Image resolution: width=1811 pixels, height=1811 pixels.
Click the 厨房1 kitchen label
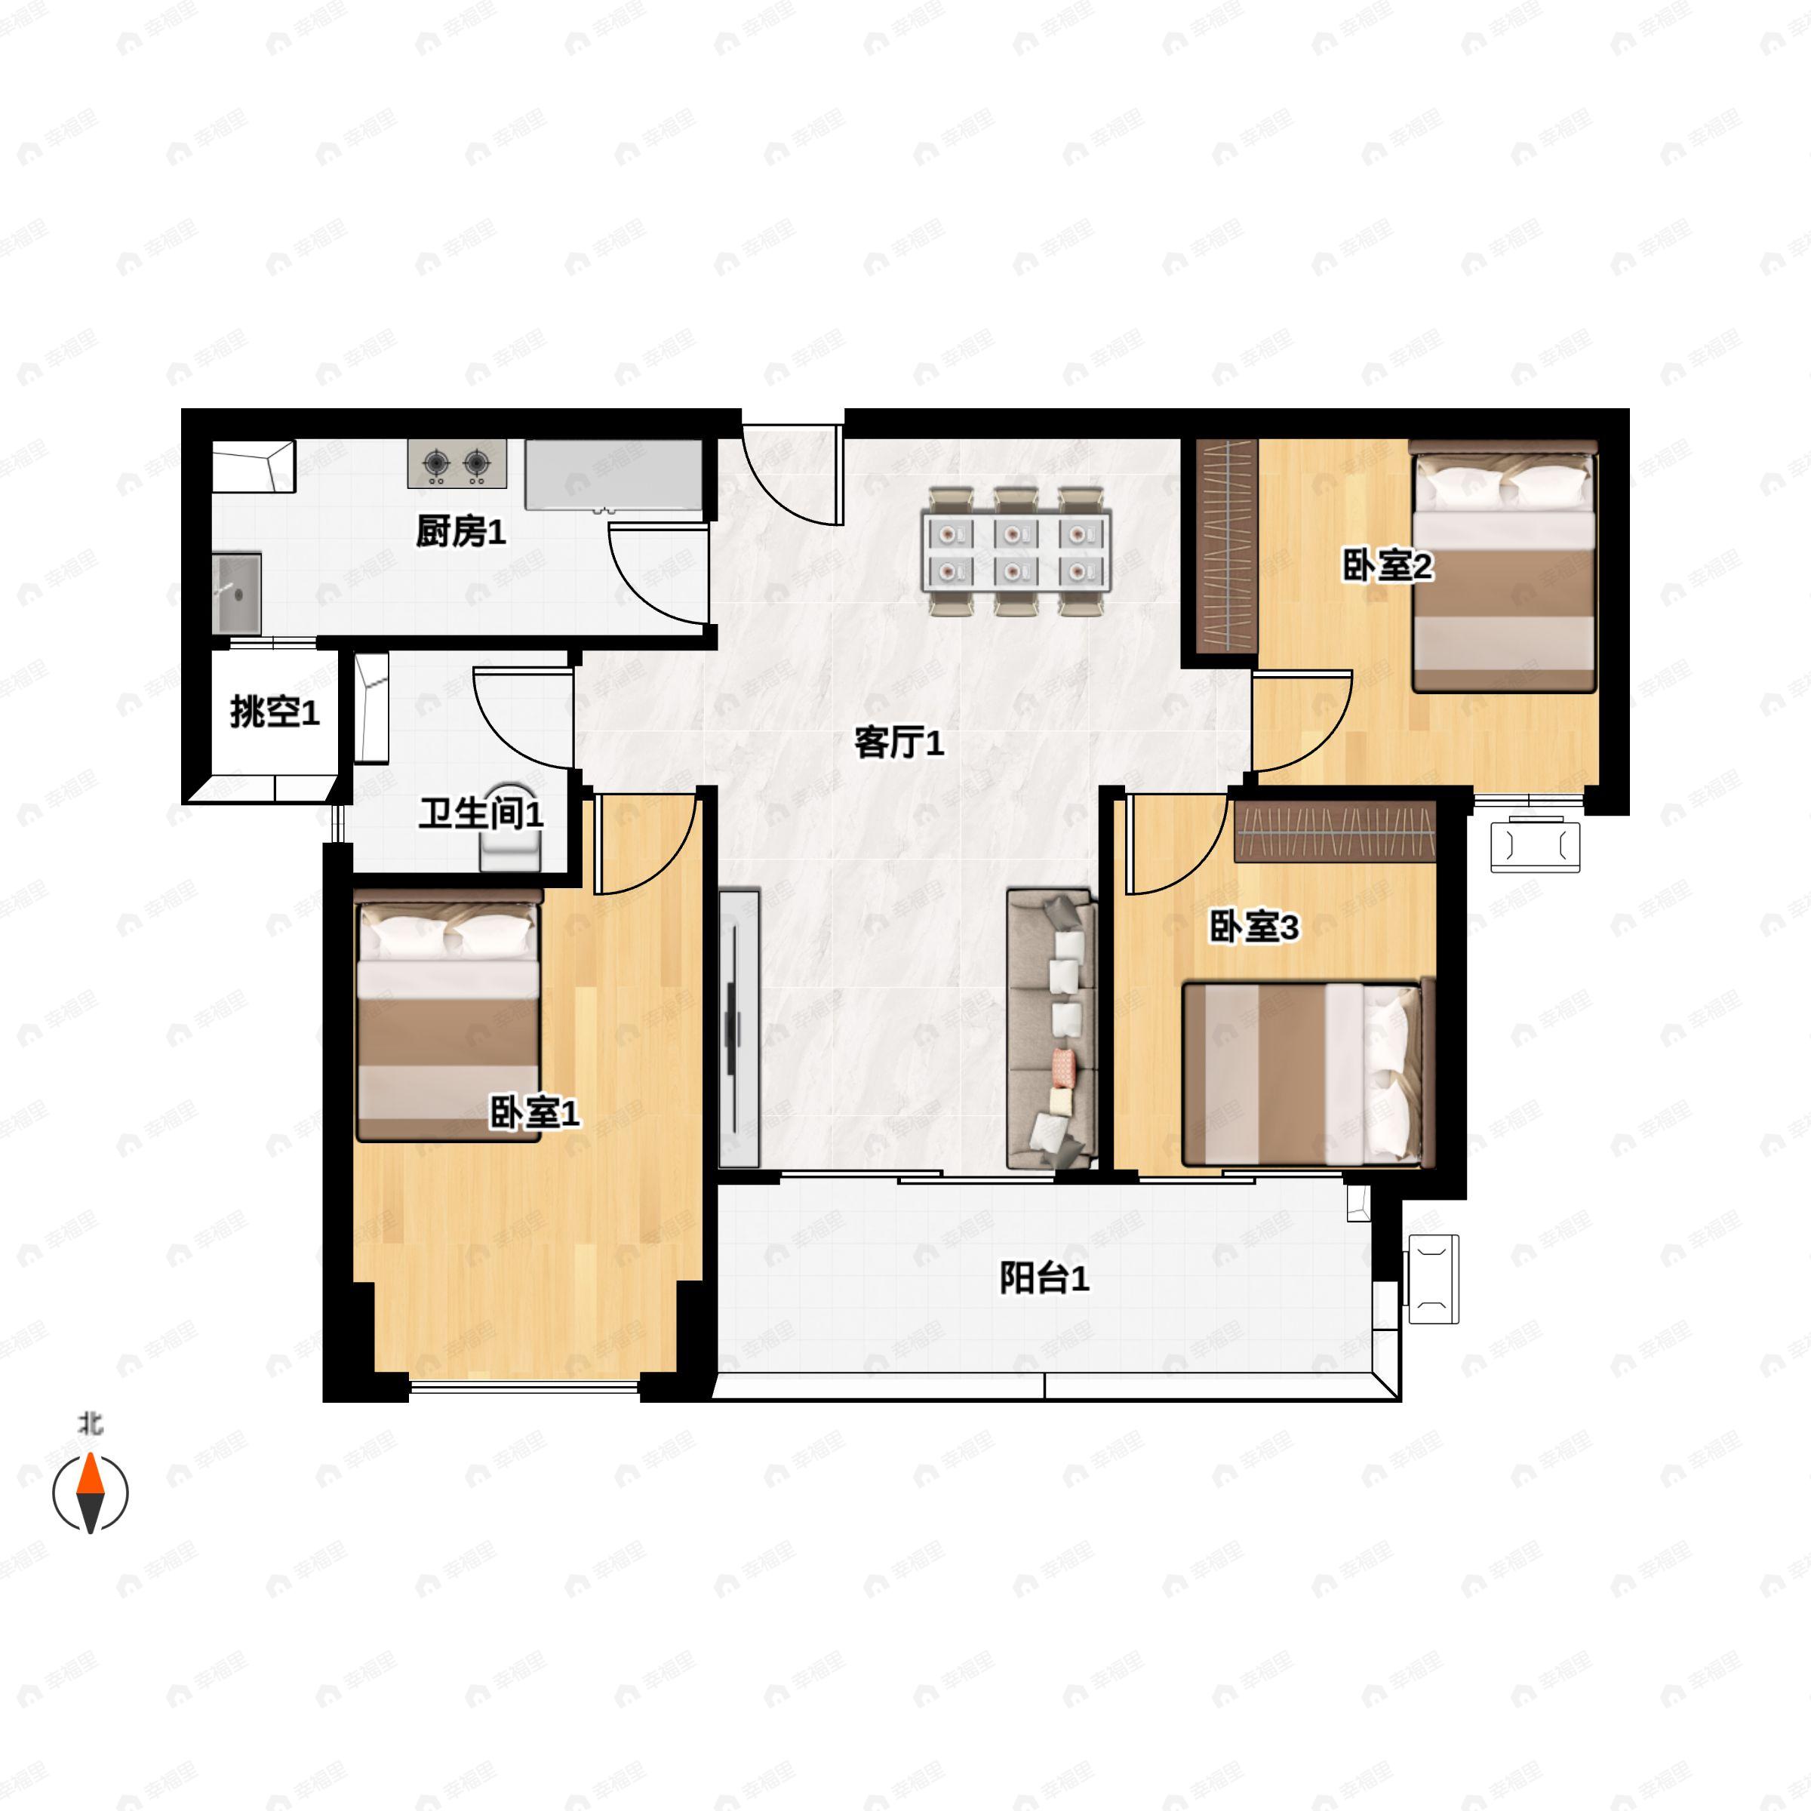coord(460,531)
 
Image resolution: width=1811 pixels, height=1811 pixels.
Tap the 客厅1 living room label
coord(899,743)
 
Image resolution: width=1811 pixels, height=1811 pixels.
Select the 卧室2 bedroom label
coord(1388,566)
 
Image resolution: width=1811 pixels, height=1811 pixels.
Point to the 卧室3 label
coord(1254,927)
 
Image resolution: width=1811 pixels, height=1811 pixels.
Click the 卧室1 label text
coord(534,1113)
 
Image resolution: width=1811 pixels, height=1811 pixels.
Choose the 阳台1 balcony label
coord(1044,1278)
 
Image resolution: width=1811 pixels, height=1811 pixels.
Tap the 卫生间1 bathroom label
coord(481,813)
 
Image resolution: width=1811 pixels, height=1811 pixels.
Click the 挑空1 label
coord(275,712)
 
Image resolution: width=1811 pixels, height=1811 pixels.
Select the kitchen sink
coord(236,593)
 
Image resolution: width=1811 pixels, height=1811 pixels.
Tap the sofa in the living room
coord(1052,1028)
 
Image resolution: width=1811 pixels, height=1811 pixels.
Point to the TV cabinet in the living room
coord(739,1028)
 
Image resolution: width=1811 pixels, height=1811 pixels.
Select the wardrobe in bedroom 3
coord(1335,831)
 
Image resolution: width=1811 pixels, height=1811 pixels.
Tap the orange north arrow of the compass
coord(90,1474)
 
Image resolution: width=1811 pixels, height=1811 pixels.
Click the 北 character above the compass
coord(90,1425)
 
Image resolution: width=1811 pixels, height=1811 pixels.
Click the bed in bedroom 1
coord(449,1022)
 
